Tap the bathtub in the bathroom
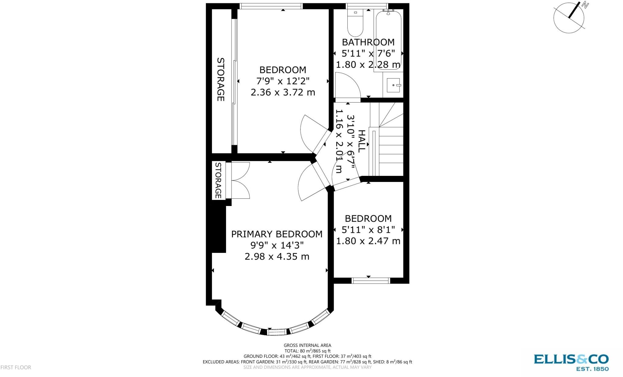point(388,40)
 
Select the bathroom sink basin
point(394,85)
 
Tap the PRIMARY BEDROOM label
point(277,234)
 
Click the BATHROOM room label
point(368,42)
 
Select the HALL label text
point(361,141)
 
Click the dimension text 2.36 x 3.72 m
point(283,92)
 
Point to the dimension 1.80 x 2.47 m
point(368,241)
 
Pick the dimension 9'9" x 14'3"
point(277,245)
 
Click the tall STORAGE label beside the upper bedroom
point(221,79)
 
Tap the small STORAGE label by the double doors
point(218,180)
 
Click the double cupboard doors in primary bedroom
point(240,180)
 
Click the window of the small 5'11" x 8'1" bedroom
point(371,281)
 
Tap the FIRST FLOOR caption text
point(16,367)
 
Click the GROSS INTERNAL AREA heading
point(307,345)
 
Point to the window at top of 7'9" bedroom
point(271,6)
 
